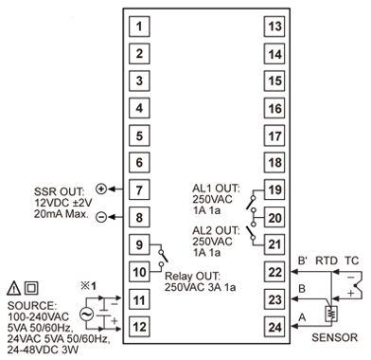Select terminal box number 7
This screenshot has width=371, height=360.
[x=139, y=190]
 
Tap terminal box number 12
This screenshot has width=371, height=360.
[x=139, y=328]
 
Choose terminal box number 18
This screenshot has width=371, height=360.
[x=274, y=164]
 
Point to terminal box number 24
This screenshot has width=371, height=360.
[x=274, y=328]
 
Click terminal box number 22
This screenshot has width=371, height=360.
[x=274, y=273]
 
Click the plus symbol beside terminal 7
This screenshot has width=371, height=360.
[x=101, y=189]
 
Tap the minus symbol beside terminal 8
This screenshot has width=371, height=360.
[x=101, y=217]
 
